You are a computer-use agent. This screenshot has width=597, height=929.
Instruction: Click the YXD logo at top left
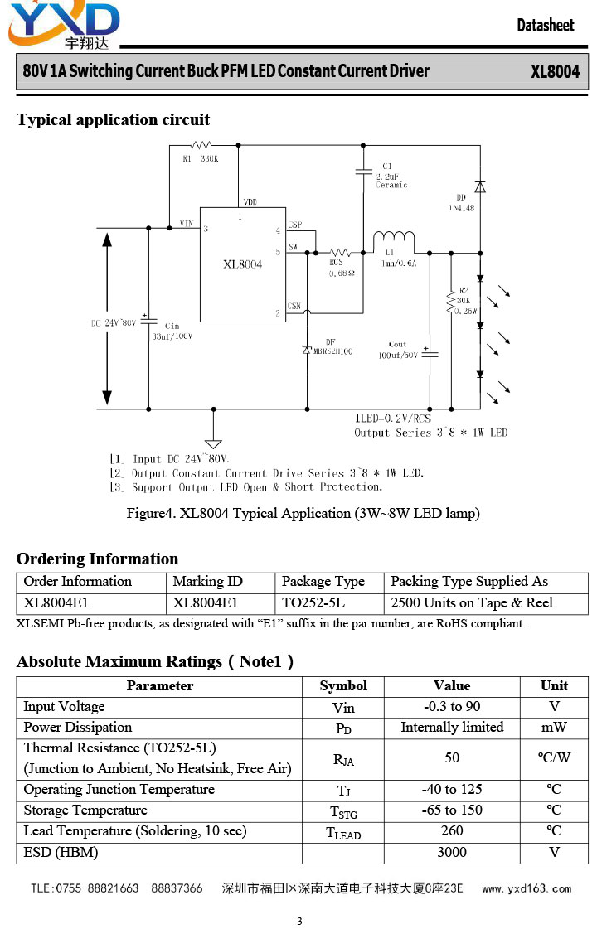(x=64, y=25)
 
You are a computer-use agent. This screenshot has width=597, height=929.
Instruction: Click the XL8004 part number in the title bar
(x=555, y=72)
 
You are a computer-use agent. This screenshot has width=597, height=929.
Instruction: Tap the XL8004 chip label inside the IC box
(x=242, y=264)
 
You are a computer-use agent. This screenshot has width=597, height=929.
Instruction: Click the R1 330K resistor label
(x=201, y=159)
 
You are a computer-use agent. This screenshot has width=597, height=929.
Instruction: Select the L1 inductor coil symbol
(x=393, y=238)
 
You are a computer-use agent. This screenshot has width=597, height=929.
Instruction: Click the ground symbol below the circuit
(x=213, y=443)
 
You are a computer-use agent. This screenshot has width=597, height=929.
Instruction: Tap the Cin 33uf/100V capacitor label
(x=172, y=331)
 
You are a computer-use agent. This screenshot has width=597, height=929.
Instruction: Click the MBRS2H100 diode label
(x=332, y=351)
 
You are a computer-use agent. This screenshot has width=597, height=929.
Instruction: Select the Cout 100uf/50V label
(x=398, y=350)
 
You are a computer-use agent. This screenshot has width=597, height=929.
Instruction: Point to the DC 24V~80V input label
(x=114, y=323)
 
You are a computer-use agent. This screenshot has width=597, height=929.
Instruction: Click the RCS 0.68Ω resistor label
(x=342, y=268)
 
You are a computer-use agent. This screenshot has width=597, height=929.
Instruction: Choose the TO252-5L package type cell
(x=313, y=603)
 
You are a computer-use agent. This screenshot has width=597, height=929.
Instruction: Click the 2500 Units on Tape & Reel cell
(x=471, y=603)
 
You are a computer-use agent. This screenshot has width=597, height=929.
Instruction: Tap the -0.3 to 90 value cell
(x=452, y=706)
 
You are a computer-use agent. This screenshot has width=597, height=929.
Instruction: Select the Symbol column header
(x=343, y=686)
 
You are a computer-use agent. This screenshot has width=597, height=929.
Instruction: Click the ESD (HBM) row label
(x=61, y=853)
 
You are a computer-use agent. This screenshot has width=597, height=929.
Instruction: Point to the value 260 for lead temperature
(x=452, y=830)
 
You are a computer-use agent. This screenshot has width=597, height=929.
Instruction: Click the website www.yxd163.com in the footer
(x=527, y=888)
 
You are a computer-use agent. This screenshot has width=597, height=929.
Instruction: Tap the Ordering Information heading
(x=97, y=559)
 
